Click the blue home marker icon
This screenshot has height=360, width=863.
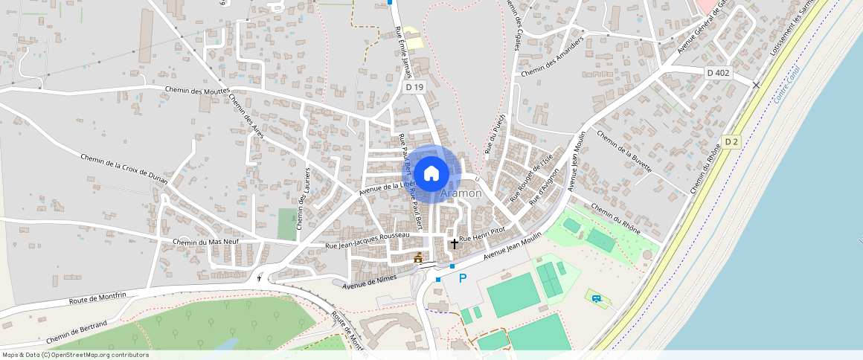(x=431, y=174)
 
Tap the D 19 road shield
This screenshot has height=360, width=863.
(x=414, y=88)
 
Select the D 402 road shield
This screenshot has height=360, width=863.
(x=719, y=72)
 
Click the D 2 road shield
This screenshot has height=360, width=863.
(x=732, y=142)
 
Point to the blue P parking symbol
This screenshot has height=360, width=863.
(x=463, y=279)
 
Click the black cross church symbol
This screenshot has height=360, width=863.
(x=455, y=243)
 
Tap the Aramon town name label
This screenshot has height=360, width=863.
(x=461, y=193)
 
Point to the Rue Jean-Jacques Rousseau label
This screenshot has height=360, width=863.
(x=368, y=240)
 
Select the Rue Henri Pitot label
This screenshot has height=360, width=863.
(x=482, y=234)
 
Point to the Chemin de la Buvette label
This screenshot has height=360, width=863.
(x=624, y=153)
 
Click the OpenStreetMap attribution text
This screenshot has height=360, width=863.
(x=74, y=355)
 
